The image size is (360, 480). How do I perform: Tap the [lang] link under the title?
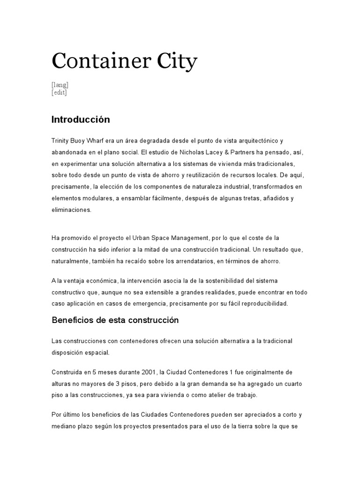60,85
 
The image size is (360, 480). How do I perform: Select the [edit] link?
60,92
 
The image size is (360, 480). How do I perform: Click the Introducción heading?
81,120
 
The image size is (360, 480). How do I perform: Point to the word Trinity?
60,141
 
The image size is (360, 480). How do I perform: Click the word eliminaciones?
72,210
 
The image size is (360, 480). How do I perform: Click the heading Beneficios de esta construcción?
115,321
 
